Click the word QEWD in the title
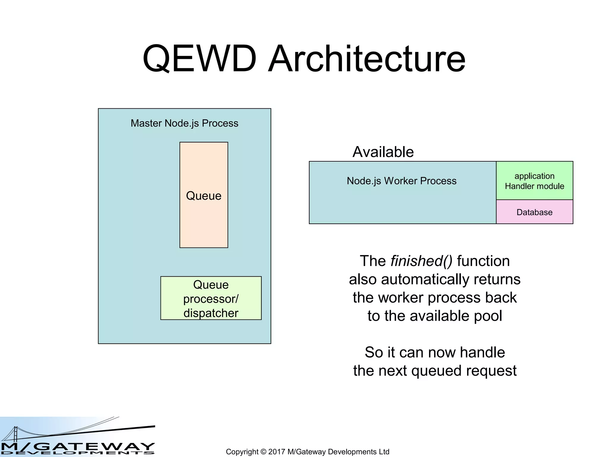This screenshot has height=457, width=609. tap(199, 59)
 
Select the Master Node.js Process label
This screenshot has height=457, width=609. tap(184, 123)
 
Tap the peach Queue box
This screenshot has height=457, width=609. tap(204, 214)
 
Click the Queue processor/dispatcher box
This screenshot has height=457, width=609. tap(211, 298)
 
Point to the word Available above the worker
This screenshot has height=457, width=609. tap(383, 152)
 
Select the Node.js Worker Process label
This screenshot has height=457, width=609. tap(401, 181)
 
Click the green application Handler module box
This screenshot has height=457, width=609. tap(534, 181)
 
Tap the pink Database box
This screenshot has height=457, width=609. tap(534, 212)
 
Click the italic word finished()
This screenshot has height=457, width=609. tap(421, 261)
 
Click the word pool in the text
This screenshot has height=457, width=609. tap(488, 316)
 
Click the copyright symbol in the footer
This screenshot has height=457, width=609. tap(263, 452)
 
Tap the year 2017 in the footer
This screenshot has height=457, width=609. tap(277, 452)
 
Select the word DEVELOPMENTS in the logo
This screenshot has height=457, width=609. tap(77, 453)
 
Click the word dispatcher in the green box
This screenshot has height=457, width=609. tap(211, 313)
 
